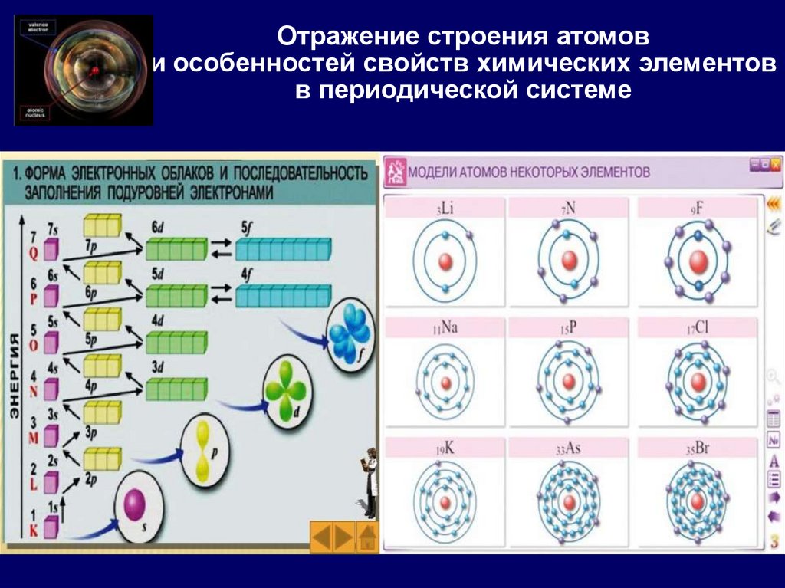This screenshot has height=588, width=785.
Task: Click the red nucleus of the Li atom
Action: (445, 262)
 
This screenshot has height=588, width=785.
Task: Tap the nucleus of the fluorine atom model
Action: (698, 261)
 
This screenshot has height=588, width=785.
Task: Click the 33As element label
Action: (568, 448)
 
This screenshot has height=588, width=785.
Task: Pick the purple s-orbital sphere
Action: (135, 505)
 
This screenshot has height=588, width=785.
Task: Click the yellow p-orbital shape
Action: (202, 452)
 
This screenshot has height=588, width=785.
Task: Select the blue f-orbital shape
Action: (349, 332)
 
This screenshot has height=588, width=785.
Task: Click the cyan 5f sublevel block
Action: (283, 249)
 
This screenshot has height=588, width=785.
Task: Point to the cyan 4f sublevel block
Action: (283, 295)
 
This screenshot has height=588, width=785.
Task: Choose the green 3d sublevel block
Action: (176, 389)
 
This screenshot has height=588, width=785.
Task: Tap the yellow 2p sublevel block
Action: (102, 458)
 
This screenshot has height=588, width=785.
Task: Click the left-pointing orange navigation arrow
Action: (321, 537)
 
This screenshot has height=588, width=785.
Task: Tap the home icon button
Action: (368, 537)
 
